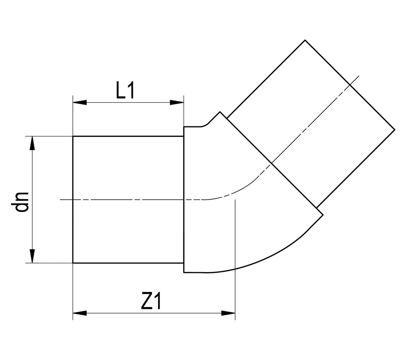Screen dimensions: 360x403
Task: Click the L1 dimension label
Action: point(125,90)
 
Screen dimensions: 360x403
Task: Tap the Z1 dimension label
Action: point(151,301)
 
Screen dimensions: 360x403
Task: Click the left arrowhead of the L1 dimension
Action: point(80,103)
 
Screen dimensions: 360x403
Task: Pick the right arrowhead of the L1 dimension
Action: point(177,103)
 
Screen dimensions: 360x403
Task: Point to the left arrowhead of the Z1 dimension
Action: point(80,313)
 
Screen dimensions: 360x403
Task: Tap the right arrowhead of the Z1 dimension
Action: point(228,313)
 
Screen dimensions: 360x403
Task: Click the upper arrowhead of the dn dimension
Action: point(32,143)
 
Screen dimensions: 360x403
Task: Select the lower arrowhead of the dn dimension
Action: point(32,256)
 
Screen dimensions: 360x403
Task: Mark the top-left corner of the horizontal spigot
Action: point(73,136)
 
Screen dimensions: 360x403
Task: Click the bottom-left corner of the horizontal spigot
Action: point(73,263)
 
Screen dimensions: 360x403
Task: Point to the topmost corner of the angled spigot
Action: point(305,40)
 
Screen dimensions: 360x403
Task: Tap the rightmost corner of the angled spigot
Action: point(395,130)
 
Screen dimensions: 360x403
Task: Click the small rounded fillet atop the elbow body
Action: point(205,125)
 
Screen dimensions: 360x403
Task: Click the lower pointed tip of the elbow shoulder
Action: point(323,215)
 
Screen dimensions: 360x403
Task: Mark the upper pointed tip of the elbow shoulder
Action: point(220,112)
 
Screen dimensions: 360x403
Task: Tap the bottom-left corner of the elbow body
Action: point(184,273)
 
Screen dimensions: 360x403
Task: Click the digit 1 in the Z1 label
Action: point(157,301)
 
